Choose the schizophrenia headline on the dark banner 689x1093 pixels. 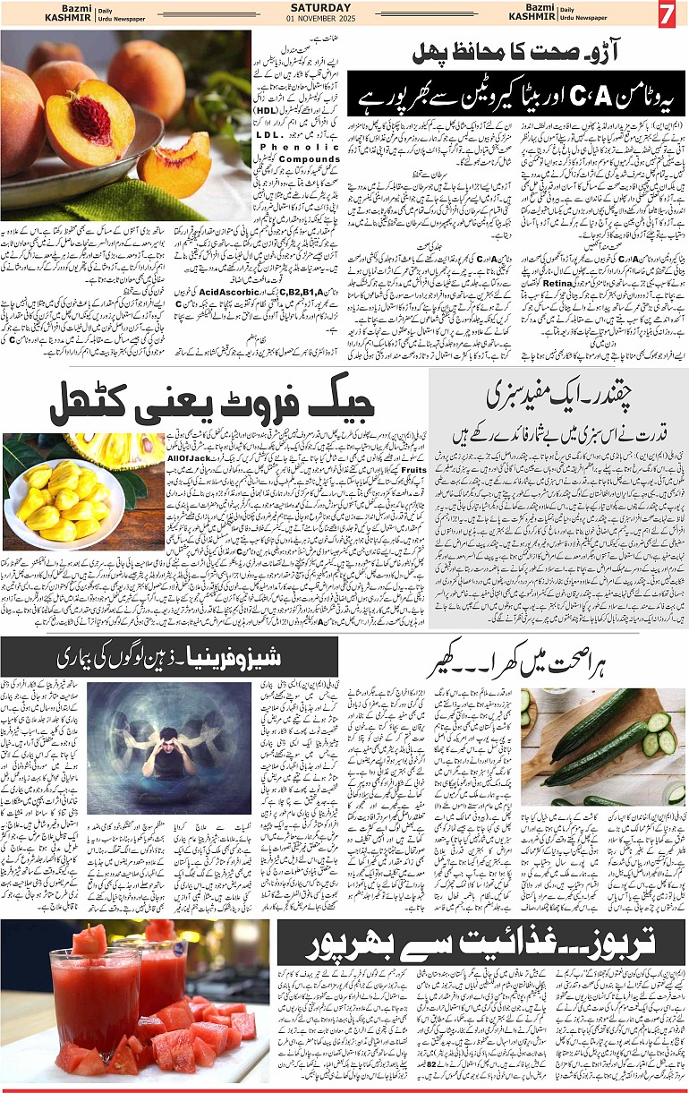(x=170, y=658)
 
